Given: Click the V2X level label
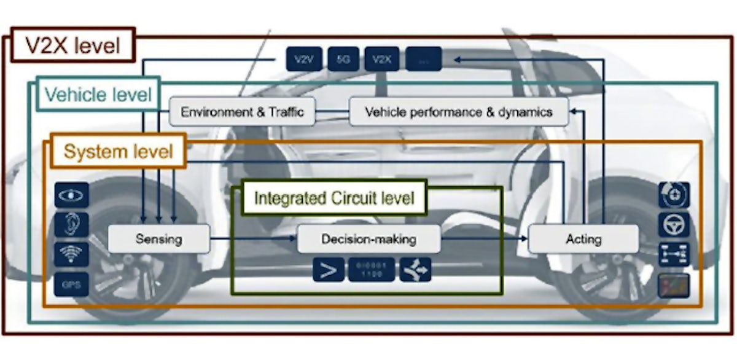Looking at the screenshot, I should pos(72,46).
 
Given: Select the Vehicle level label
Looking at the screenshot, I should pos(98,95).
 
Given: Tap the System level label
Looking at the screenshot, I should pos(118,151).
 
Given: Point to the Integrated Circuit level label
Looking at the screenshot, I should pos(334,198).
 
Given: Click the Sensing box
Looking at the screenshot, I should pos(158,239).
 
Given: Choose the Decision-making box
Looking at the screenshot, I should pos(368,239).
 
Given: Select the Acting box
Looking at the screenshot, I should pos(583,239).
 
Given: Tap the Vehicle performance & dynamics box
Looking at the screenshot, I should pos(458,112).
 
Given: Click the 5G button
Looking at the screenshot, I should pos(343,60).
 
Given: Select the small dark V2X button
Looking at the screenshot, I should pos(382,60).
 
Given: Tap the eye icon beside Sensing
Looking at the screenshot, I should pos(71,195).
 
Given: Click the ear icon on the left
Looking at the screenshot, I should pos(71,224).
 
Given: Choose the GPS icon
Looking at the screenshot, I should pos(71,284).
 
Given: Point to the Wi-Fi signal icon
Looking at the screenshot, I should pos(71,254).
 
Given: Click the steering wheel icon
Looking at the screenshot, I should pos(674,225).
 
